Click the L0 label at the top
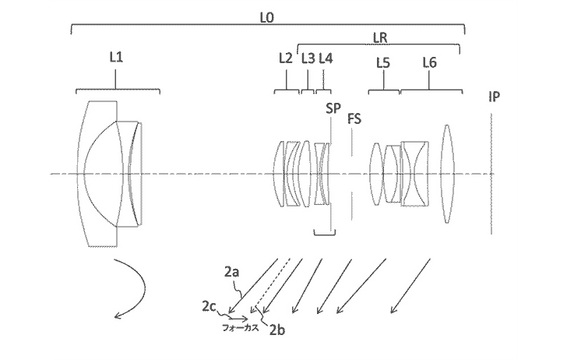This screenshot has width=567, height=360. point(266,18)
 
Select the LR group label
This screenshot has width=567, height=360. point(380,37)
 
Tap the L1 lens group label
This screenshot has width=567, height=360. point(116,57)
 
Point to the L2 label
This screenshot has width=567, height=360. point(286,58)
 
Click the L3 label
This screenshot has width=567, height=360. point(308,58)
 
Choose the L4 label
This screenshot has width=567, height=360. point(326,58)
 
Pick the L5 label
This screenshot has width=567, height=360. point(383,63)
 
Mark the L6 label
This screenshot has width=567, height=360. point(430,63)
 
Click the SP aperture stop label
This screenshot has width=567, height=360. point(333,108)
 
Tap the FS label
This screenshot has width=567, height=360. point(354,118)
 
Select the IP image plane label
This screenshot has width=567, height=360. point(495,97)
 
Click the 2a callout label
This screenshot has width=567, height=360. point(232,272)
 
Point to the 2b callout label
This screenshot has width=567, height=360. point(277,330)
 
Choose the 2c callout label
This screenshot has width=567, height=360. point(209,307)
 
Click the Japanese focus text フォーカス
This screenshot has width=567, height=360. point(241,328)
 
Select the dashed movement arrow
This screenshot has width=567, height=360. point(271,284)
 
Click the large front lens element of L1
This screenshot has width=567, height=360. point(97,174)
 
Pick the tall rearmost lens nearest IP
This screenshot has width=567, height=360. point(447,174)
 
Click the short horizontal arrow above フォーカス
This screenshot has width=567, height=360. point(238,319)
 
